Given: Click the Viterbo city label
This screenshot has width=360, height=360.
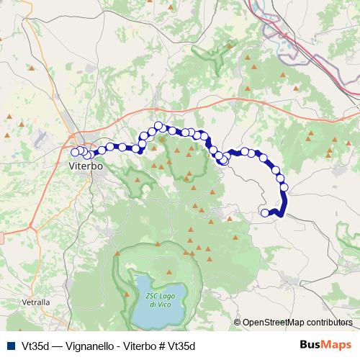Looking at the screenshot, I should pos(86,166).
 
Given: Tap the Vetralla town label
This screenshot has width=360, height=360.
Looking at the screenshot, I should pos(37,302).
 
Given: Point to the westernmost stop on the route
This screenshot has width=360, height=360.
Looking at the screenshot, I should pos(74,152).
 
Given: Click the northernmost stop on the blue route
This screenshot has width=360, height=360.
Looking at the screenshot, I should pos(158,126).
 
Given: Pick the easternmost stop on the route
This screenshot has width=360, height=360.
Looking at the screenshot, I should pos(284,187).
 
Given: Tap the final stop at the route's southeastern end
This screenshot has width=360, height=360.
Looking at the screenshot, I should pos(265,212).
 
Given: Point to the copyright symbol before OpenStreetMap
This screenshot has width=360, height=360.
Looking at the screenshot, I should pos(238,323).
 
